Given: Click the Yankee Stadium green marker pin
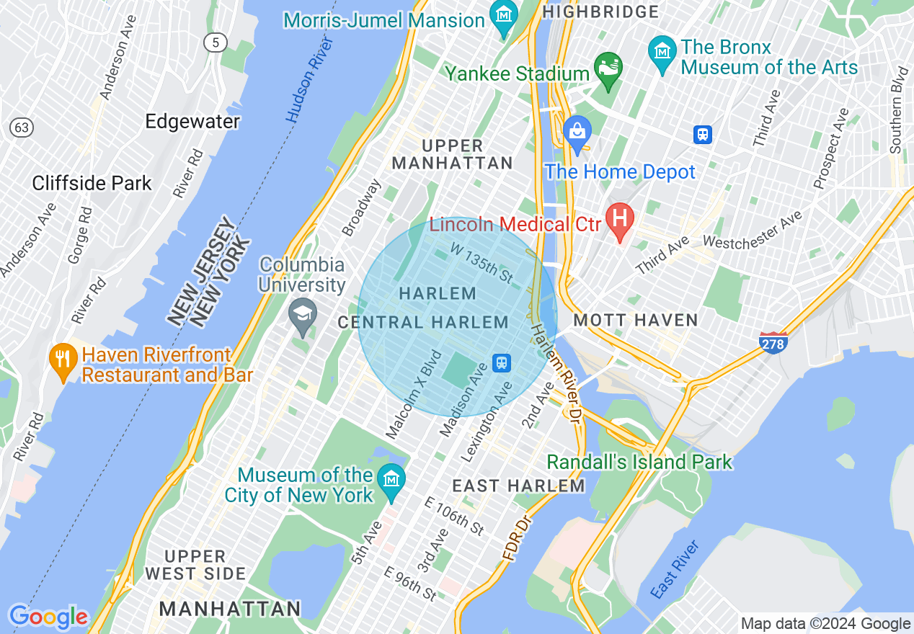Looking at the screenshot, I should (x=608, y=69).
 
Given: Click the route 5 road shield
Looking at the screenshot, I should (x=214, y=42).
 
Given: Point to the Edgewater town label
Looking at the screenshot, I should (x=192, y=121).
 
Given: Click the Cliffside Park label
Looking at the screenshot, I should (x=92, y=183).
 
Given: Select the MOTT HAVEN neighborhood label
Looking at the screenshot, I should (x=636, y=320).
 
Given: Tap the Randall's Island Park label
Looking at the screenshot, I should (x=639, y=461).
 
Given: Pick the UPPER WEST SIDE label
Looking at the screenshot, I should (x=195, y=565).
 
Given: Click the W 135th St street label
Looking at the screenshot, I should (x=481, y=262).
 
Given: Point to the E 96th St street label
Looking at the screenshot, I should (x=410, y=584).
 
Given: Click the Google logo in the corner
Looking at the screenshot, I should (x=48, y=617).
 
